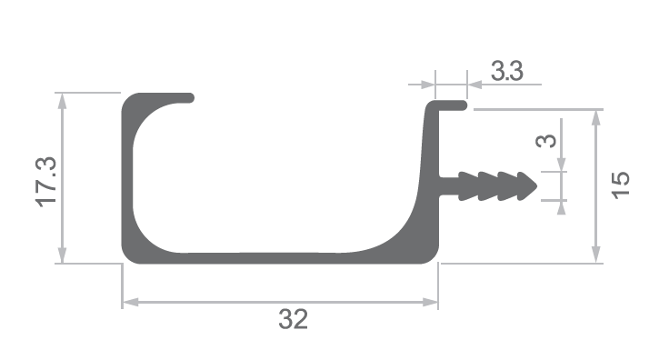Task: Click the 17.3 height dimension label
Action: [45, 182]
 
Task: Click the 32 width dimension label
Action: [293, 319]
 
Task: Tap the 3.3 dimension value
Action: [507, 71]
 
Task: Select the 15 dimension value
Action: [620, 185]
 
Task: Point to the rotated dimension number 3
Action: [545, 141]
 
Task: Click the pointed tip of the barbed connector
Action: [536, 186]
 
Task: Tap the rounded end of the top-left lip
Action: [190, 98]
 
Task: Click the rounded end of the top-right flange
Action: [464, 105]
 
